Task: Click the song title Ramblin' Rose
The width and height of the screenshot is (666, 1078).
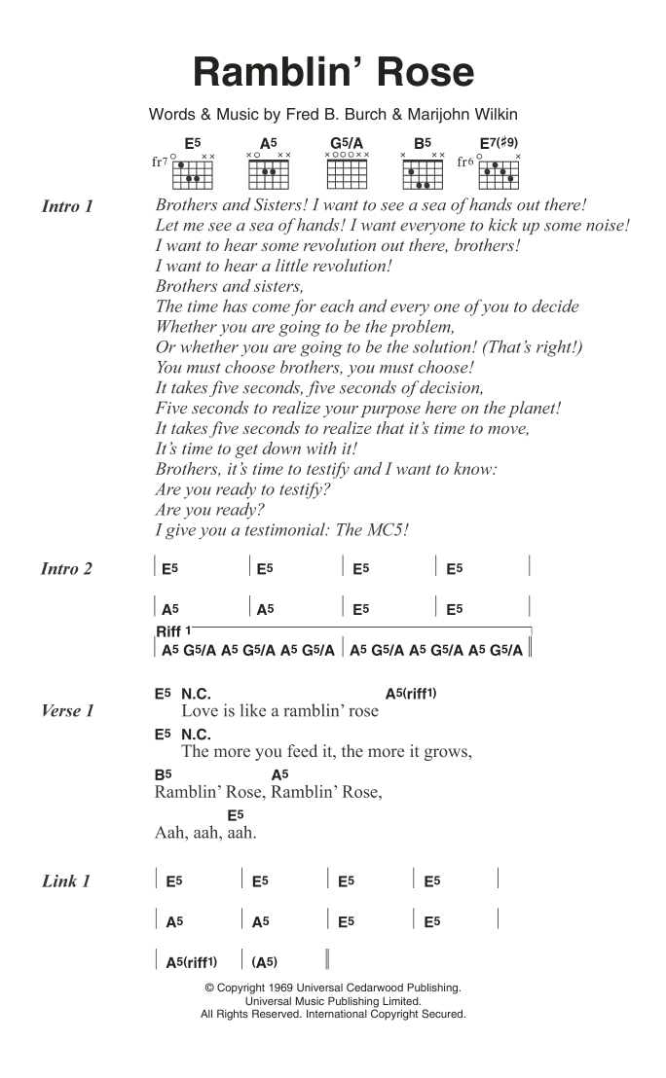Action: click(x=333, y=73)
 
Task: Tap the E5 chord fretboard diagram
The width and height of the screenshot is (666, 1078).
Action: click(x=193, y=172)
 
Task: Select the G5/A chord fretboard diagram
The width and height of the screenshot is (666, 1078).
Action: click(x=347, y=172)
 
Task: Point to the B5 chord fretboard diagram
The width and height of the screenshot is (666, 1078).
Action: click(x=422, y=172)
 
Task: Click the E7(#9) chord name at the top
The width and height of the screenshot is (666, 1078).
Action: click(x=499, y=142)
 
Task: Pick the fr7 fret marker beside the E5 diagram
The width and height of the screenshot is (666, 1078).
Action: click(x=160, y=162)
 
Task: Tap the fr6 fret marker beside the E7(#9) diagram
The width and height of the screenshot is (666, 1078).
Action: click(x=465, y=162)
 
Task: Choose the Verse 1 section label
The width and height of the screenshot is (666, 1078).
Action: click(x=67, y=711)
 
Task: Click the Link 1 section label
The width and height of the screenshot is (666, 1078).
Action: click(x=66, y=881)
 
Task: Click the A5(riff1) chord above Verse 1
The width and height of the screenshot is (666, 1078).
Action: click(x=411, y=694)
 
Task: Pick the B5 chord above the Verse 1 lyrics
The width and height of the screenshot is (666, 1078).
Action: click(x=163, y=774)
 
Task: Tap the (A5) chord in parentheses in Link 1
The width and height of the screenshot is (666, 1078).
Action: click(x=265, y=962)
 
